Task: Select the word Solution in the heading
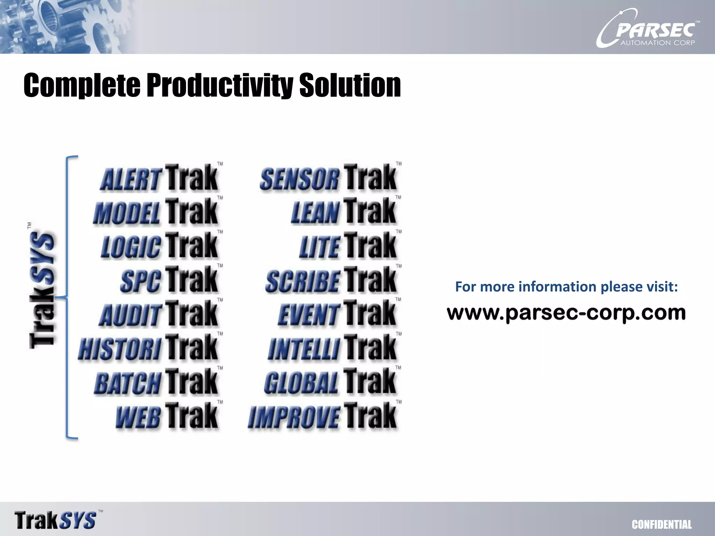pos(350,85)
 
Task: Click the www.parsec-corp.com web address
pos(566,313)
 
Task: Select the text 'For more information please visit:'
pos(566,287)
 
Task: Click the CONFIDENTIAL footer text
pos(662,524)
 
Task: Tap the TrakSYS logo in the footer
pos(56,520)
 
